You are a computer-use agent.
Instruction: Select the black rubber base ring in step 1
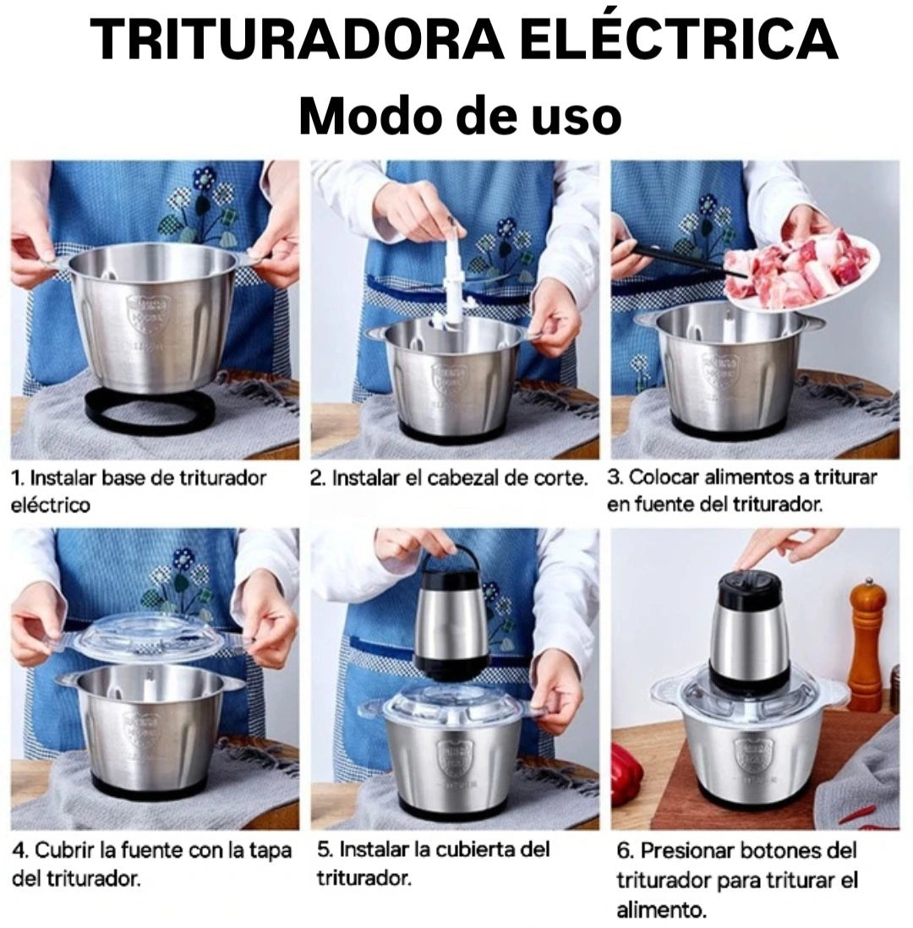(150, 411)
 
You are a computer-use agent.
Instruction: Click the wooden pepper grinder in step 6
(868, 642)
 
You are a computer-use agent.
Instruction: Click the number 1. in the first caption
(17, 478)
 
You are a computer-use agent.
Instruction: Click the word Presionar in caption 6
(691, 851)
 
